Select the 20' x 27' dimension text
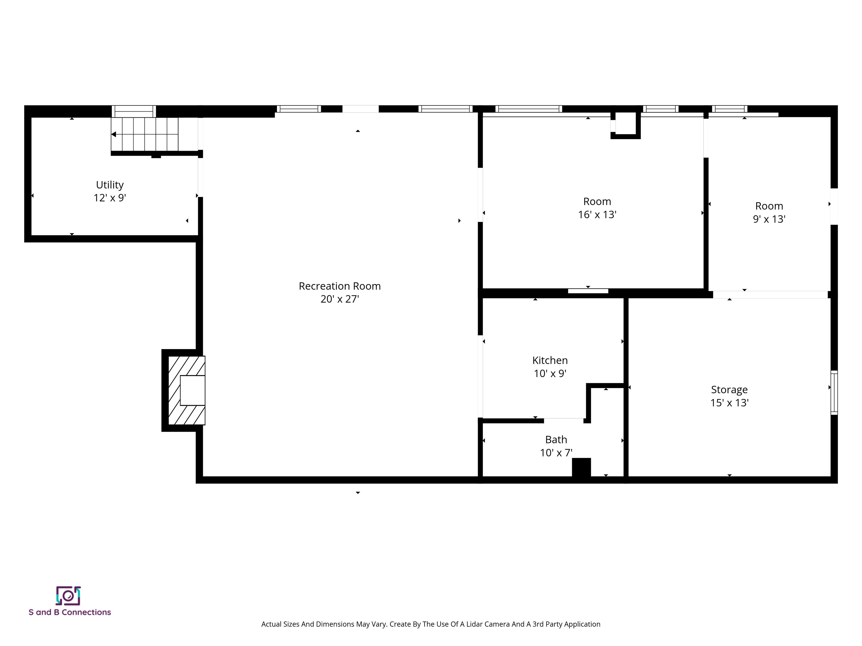[340, 299]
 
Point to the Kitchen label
[550, 360]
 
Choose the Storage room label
[729, 389]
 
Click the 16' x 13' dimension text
[597, 214]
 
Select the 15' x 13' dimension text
[729, 403]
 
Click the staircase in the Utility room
[145, 134]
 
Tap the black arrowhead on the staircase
[114, 134]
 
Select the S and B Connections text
[70, 612]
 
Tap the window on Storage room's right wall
[834, 392]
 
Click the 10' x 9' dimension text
[550, 373]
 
